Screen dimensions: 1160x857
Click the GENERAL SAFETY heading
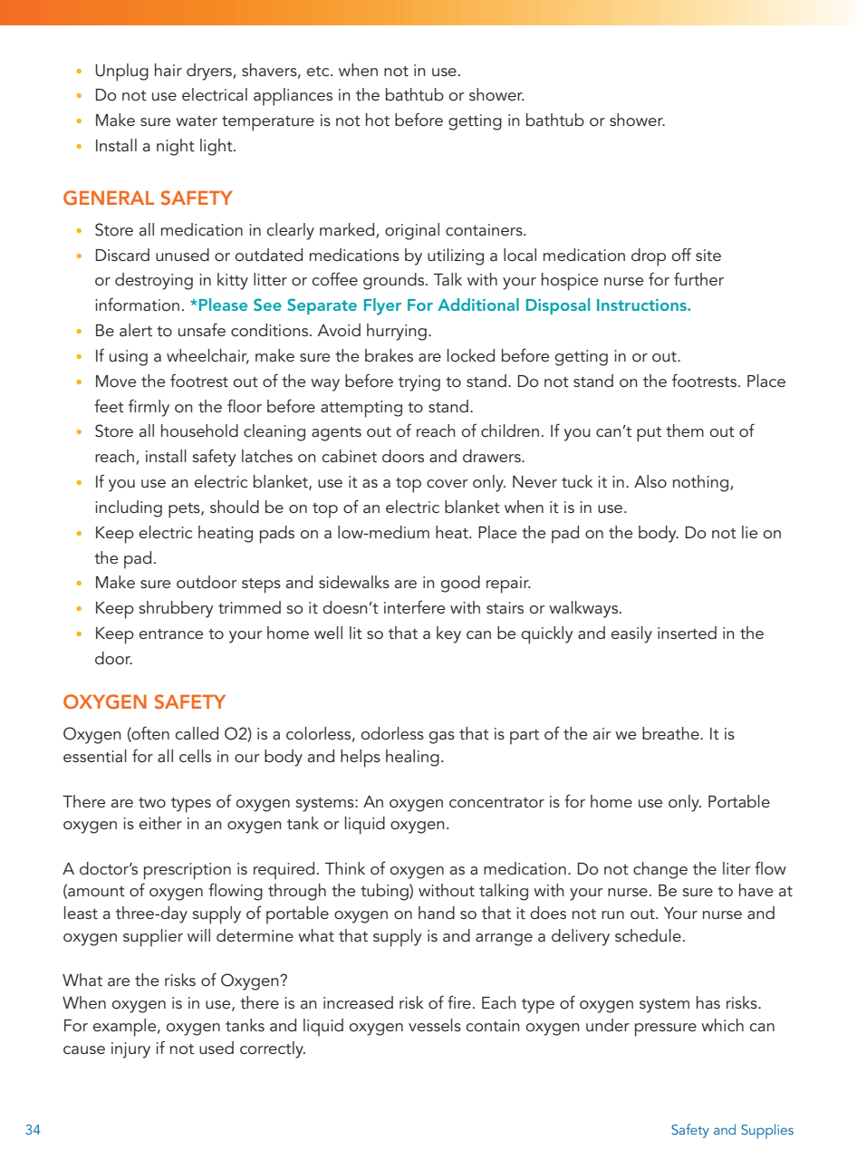coord(148,198)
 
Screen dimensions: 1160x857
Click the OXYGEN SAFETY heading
coord(144,702)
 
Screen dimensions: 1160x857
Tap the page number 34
coord(33,1130)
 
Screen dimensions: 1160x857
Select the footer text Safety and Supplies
coord(732,1130)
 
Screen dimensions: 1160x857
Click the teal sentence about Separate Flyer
coord(440,305)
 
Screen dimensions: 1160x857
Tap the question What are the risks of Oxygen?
coord(176,981)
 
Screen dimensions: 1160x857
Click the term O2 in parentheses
coord(236,734)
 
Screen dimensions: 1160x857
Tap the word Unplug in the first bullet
coord(121,70)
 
